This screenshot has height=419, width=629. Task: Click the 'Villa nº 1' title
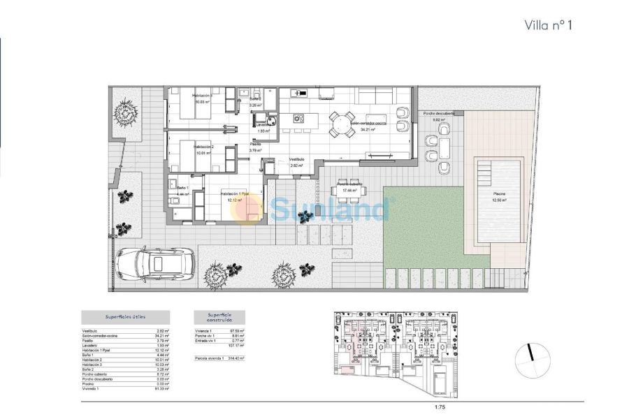[549, 25]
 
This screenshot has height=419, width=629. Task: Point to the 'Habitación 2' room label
[203, 147]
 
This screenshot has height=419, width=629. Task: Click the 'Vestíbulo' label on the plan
[297, 159]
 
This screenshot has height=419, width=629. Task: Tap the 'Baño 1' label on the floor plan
[182, 189]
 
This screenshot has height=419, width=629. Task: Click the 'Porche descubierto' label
[439, 113]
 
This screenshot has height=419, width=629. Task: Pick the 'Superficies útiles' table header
[125, 317]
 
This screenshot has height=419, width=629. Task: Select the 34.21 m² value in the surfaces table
[162, 336]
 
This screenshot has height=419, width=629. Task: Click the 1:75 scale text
[440, 404]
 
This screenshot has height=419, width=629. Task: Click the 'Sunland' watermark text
[328, 209]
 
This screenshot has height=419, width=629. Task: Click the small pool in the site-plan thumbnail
[441, 382]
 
